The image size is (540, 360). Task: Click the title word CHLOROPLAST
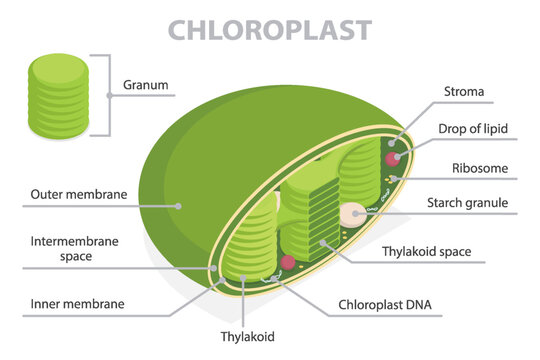270,29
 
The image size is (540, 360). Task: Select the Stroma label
463,92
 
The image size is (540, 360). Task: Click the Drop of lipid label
475,129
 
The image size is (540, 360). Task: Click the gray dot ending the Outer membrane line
177,206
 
